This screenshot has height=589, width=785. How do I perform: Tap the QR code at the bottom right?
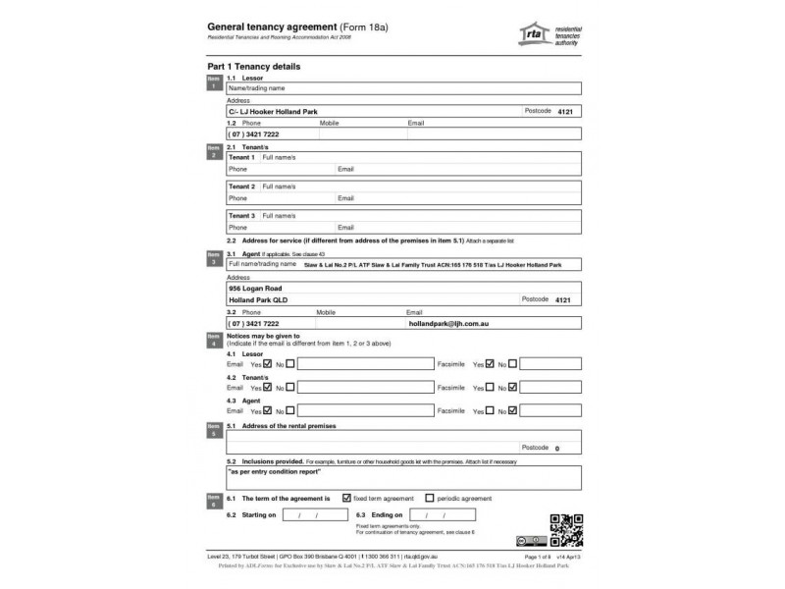(566, 530)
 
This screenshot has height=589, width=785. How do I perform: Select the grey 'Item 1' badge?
(214, 81)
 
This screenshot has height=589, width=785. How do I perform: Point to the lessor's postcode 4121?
(563, 112)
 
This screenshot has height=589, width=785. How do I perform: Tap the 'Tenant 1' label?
(241, 157)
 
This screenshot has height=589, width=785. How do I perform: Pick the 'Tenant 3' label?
(241, 215)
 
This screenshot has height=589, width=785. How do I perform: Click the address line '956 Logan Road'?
(255, 289)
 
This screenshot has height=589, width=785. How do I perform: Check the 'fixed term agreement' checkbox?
(346, 498)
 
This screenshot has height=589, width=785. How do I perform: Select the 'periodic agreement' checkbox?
(429, 498)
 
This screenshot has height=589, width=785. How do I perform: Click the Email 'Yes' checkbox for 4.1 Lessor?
(267, 363)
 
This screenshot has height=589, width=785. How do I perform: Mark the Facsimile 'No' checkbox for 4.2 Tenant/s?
(512, 387)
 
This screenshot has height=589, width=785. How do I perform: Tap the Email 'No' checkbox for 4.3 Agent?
(289, 410)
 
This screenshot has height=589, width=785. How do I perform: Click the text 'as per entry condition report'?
(275, 472)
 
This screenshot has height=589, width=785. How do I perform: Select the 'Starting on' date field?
(305, 514)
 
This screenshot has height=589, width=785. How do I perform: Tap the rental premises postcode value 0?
(556, 448)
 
